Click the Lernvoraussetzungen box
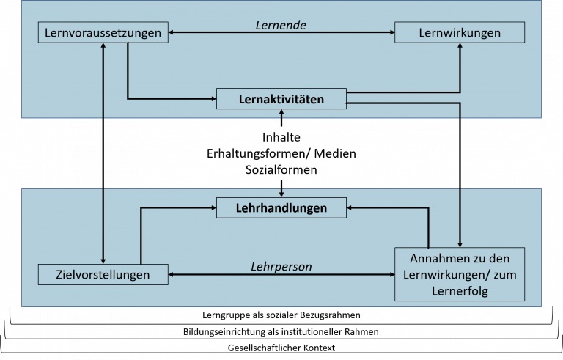tap(103, 33)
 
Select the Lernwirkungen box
tap(460, 33)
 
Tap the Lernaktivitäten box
tap(281, 98)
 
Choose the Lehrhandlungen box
tap(281, 208)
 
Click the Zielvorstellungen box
tap(103, 275)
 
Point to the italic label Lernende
tap(281, 25)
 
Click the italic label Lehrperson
tap(281, 267)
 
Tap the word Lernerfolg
tap(460, 291)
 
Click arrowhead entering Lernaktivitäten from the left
tap(213, 98)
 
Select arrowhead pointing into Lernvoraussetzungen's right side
tap(172, 33)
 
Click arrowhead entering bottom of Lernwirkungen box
tap(460, 47)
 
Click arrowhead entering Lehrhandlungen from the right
tap(350, 208)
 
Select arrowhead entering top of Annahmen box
tap(460, 244)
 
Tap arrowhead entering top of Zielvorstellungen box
tap(103, 261)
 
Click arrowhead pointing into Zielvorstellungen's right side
tap(172, 275)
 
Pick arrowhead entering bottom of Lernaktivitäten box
tap(281, 112)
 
